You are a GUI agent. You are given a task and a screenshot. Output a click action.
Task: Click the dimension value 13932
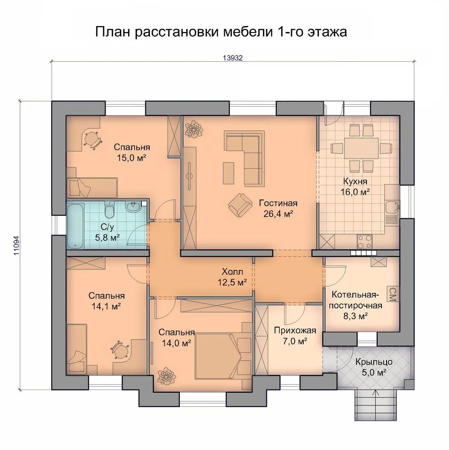[x=233, y=58]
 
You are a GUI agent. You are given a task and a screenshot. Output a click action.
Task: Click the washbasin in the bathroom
[x=133, y=207]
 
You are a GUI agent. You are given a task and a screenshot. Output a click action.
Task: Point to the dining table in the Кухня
[x=361, y=148]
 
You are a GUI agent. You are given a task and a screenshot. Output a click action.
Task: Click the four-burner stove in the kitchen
[x=364, y=242]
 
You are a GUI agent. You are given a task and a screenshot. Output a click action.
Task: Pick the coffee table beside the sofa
[x=229, y=173]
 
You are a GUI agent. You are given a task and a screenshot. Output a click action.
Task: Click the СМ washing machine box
[x=392, y=294]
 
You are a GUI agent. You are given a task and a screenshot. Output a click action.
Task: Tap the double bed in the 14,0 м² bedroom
[x=219, y=356]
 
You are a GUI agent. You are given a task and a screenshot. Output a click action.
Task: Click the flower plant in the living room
[x=194, y=129]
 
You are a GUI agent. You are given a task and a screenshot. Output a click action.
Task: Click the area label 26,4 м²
[x=278, y=214]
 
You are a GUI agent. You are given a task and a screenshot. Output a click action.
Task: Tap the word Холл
[x=232, y=272]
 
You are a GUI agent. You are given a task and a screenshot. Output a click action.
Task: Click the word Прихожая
[x=295, y=330]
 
